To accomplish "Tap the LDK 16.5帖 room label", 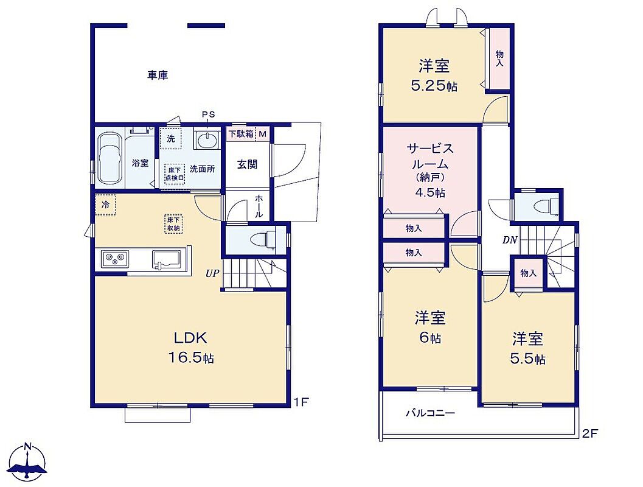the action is pyautogui.click(x=191, y=348).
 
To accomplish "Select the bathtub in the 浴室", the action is pyautogui.click(x=111, y=159).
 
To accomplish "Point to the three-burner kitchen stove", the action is pyautogui.click(x=115, y=259).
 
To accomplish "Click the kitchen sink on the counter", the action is pyautogui.click(x=168, y=259).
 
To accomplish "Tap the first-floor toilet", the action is pyautogui.click(x=265, y=239).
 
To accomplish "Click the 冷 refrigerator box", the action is pyautogui.click(x=105, y=205).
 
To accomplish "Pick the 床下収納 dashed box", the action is pyautogui.click(x=174, y=223).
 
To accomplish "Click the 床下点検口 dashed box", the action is pyautogui.click(x=175, y=174).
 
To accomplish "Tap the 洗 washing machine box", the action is pyautogui.click(x=170, y=139).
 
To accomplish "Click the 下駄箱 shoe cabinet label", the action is pyautogui.click(x=241, y=134).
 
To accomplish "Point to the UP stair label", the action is pyautogui.click(x=212, y=273).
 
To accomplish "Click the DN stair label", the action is pyautogui.click(x=510, y=240).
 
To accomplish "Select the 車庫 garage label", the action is pyautogui.click(x=158, y=75).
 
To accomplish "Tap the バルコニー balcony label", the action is pyautogui.click(x=430, y=413).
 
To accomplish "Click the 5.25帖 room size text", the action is pyautogui.click(x=434, y=86).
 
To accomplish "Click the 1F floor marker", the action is pyautogui.click(x=301, y=402).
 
